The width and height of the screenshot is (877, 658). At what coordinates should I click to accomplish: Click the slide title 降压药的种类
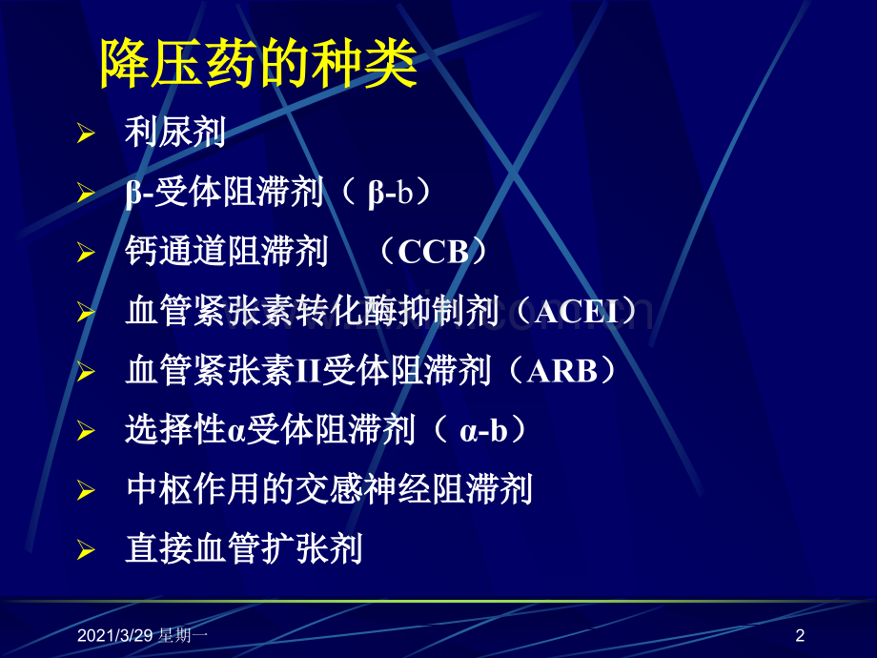[258, 63]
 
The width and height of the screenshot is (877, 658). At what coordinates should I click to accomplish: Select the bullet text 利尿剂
[175, 132]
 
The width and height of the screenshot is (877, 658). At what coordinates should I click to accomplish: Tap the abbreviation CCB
[434, 252]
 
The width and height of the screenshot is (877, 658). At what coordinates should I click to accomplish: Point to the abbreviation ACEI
[577, 311]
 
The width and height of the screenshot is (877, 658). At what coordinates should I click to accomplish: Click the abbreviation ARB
[562, 370]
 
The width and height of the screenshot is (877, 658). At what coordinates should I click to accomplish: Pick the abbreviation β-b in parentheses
[390, 194]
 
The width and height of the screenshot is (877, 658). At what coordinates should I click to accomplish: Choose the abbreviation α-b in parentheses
[483, 431]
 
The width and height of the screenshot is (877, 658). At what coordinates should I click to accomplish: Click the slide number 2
[800, 635]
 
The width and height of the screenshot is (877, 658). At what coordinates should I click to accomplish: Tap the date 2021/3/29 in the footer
[114, 635]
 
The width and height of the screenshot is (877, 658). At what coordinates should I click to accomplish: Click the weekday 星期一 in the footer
[182, 635]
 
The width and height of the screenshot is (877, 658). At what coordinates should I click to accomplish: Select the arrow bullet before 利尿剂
[86, 134]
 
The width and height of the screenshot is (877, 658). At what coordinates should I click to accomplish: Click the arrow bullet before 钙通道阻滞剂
[86, 253]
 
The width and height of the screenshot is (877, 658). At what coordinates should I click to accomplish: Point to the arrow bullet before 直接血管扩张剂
[86, 550]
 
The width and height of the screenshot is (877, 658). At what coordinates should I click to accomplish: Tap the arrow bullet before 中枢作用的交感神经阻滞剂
[86, 491]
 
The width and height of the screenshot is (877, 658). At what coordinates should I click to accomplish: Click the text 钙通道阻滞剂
[227, 251]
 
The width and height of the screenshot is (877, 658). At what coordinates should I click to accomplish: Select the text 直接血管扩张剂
[244, 549]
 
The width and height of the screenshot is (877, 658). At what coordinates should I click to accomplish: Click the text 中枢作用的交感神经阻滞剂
[329, 489]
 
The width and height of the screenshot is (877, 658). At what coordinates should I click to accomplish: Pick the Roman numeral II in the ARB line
[308, 371]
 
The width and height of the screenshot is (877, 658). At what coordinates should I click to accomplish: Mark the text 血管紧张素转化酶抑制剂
[312, 311]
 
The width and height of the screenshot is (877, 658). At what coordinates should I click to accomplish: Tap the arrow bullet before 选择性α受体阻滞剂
[86, 431]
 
